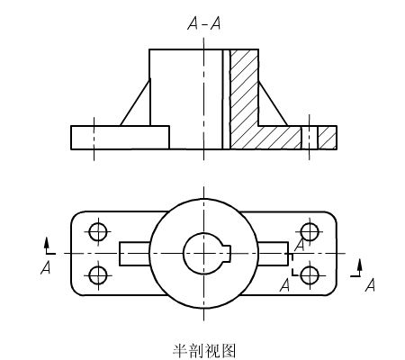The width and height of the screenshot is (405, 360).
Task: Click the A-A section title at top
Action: (x=204, y=23)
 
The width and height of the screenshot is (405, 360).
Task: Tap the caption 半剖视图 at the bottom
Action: (x=204, y=351)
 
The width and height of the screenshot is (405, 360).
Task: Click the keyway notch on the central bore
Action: (x=227, y=254)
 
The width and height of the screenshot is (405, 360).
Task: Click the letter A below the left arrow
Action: (x=46, y=267)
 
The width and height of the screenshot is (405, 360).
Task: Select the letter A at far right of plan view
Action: (x=370, y=284)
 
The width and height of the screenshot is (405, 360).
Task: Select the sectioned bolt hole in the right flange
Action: (x=310, y=138)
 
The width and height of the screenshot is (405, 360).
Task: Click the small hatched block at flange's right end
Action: (x=328, y=138)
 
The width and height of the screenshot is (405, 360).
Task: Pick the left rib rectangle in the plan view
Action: (x=134, y=254)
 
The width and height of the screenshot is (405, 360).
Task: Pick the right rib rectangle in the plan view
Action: (x=274, y=254)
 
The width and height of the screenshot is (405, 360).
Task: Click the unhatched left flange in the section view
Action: (x=120, y=138)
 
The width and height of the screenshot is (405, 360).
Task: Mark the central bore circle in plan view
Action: (x=184, y=254)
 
